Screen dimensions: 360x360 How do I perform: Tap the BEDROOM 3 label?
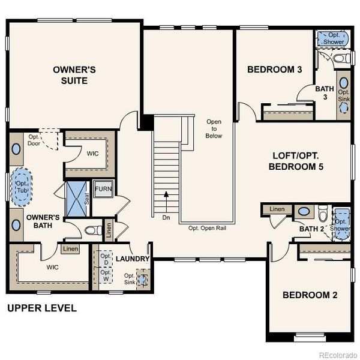[x=274, y=70]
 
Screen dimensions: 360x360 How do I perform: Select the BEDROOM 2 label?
[x=310, y=295]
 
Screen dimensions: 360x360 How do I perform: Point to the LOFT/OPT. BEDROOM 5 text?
[x=296, y=161]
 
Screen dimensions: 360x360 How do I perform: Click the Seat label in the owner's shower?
[x=87, y=199]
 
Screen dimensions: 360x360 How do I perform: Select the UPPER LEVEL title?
[x=42, y=308]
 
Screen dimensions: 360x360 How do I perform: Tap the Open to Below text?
[x=214, y=128]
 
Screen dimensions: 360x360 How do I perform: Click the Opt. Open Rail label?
[x=208, y=229]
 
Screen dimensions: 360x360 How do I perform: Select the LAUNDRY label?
[x=133, y=259]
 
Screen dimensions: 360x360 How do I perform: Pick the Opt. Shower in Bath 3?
[x=334, y=38]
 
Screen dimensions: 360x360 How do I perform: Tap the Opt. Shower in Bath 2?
[x=342, y=224]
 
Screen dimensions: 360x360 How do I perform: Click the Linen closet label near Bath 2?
[x=277, y=209]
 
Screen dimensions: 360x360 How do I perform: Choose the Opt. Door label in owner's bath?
[x=34, y=140]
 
